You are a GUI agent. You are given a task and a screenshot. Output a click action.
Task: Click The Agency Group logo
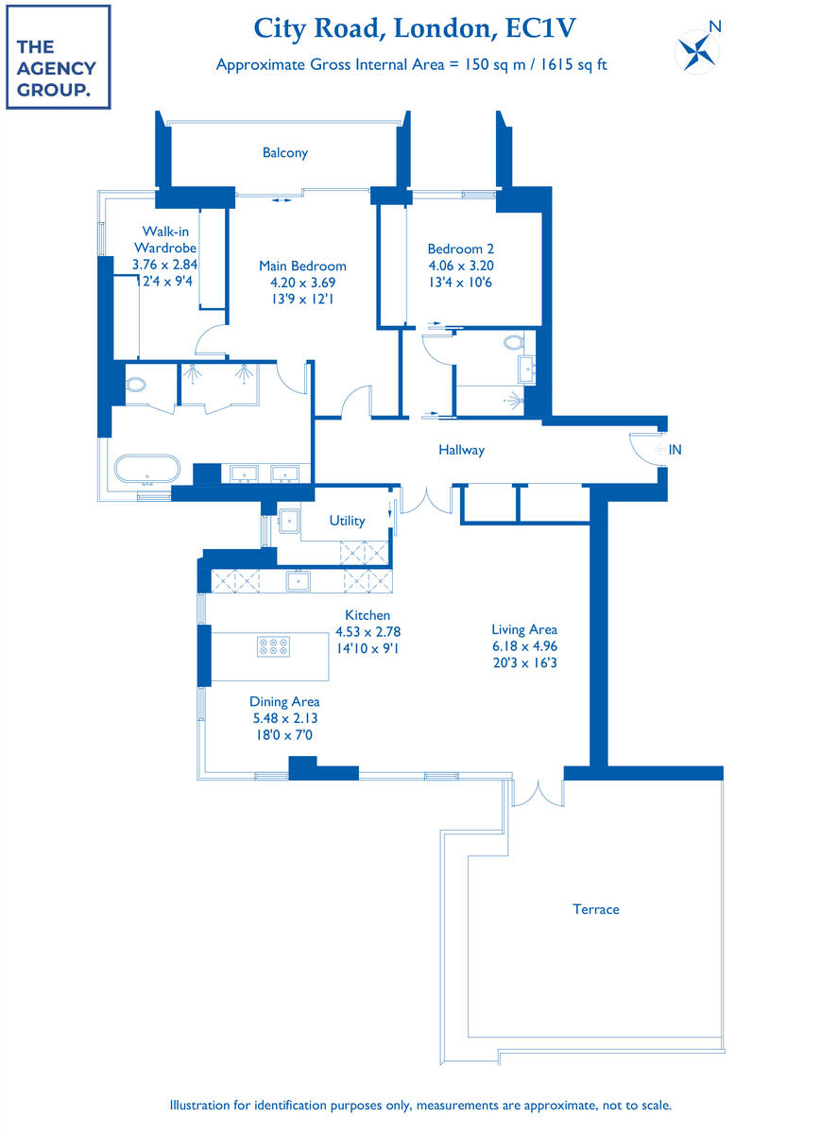pyautogui.click(x=58, y=57)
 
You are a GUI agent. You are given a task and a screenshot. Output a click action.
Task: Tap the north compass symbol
pyautogui.click(x=696, y=49)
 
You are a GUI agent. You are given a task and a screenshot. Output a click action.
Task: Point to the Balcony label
pyautogui.click(x=285, y=152)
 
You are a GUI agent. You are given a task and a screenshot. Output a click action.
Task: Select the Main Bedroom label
pyautogui.click(x=302, y=266)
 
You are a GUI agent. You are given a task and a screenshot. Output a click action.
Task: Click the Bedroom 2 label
pyautogui.click(x=460, y=249)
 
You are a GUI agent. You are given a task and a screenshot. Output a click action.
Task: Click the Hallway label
pyautogui.click(x=461, y=450)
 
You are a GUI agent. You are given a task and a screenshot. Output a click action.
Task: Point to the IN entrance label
pyautogui.click(x=675, y=451)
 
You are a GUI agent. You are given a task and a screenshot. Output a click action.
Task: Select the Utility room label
pyautogui.click(x=347, y=521)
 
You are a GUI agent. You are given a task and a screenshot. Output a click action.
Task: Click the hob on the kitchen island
pyautogui.click(x=272, y=646)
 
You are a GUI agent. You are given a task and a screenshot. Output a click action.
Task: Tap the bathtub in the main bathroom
pyautogui.click(x=146, y=470)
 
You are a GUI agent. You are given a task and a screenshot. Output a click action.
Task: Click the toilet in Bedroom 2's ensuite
pyautogui.click(x=514, y=342)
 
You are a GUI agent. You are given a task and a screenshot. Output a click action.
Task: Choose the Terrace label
pyautogui.click(x=596, y=909)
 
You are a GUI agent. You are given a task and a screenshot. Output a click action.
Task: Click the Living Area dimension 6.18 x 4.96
pyautogui.click(x=523, y=646)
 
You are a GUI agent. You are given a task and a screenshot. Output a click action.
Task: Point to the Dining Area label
pyautogui.click(x=284, y=701)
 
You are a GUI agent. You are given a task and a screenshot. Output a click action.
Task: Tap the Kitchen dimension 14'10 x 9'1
pyautogui.click(x=368, y=648)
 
